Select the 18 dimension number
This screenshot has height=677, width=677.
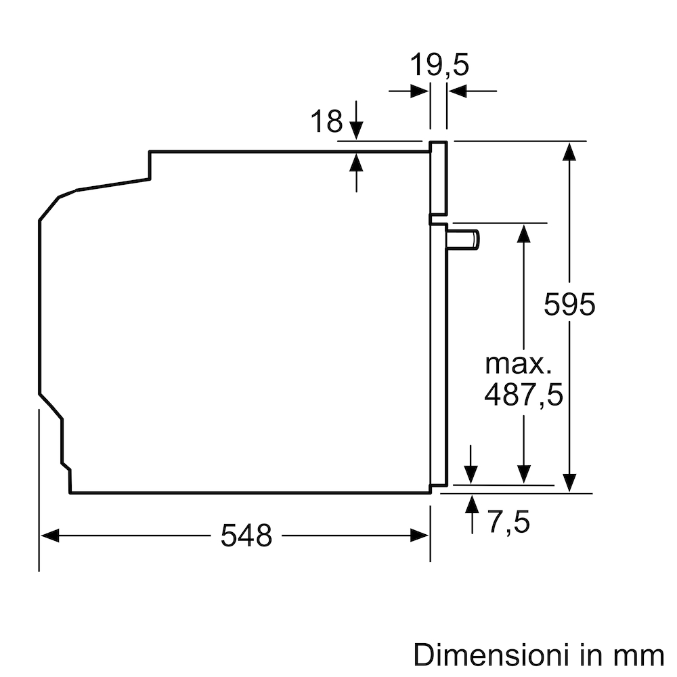[x=326, y=121]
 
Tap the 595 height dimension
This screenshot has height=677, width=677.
[x=569, y=305]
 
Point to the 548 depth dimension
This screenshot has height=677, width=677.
[x=246, y=536]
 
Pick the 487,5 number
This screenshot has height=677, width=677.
[x=523, y=395]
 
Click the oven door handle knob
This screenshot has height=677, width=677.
[x=465, y=239]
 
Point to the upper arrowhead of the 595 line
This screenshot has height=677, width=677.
[x=570, y=151]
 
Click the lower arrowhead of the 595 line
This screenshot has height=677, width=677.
[x=570, y=482]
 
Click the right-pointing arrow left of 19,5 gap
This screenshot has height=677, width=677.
[x=420, y=90]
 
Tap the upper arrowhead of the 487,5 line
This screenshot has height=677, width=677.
[x=523, y=233]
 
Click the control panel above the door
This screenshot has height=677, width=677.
[x=439, y=179]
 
